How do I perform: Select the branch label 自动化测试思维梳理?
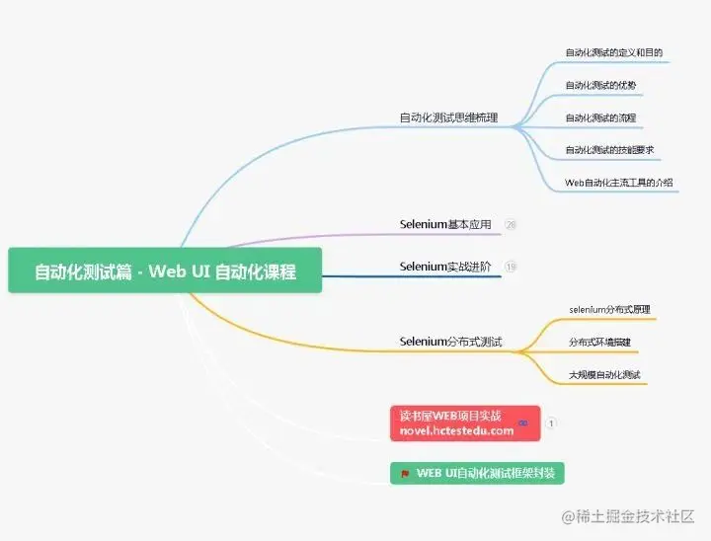(x=447, y=117)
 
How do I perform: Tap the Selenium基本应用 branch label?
(x=445, y=224)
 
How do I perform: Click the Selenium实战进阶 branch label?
(x=445, y=267)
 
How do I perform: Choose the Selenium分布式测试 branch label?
(x=450, y=342)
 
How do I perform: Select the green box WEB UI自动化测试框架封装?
(x=477, y=473)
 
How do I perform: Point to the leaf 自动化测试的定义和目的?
(x=613, y=52)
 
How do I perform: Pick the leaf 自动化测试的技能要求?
(x=609, y=150)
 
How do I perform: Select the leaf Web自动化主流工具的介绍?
(x=618, y=183)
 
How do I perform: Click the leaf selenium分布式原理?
(x=609, y=309)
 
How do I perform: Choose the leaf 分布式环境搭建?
(x=598, y=342)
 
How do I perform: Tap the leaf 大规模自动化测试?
(x=604, y=374)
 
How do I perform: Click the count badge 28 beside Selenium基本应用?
(x=511, y=225)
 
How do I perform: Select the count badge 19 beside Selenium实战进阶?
(x=511, y=267)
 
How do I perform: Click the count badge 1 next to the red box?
(x=551, y=423)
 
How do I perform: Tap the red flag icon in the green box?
(x=405, y=473)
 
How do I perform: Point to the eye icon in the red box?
(x=522, y=423)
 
